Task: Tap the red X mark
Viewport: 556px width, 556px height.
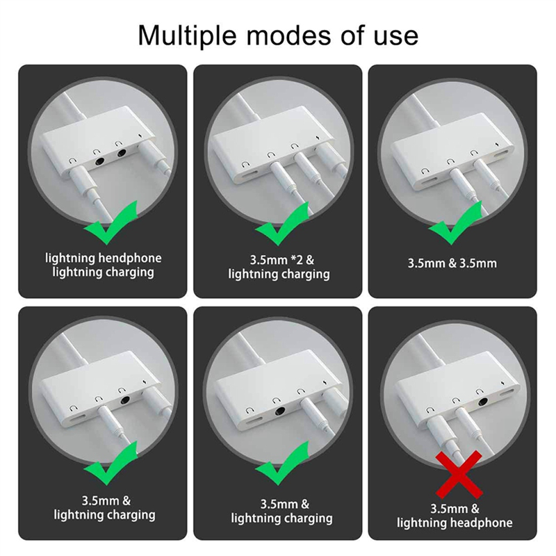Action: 459,474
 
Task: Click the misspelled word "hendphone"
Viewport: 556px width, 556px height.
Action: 129,258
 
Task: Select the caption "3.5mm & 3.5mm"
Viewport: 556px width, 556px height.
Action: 452,263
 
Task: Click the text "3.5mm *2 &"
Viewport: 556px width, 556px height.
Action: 282,260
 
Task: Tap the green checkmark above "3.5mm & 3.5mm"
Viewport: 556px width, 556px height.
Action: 455,223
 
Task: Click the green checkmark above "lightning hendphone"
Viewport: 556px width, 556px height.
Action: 111,222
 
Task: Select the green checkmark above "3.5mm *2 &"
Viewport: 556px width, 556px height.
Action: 282,224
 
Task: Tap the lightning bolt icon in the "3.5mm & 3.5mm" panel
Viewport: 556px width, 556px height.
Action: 496,145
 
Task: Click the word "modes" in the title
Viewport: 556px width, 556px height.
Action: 289,35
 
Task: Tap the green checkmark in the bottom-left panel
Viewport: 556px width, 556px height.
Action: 111,464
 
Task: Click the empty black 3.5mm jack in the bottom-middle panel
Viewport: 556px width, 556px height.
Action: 281,411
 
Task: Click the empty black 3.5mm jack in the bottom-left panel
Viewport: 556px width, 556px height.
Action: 125,400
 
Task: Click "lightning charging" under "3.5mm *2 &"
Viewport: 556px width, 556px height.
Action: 279,274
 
